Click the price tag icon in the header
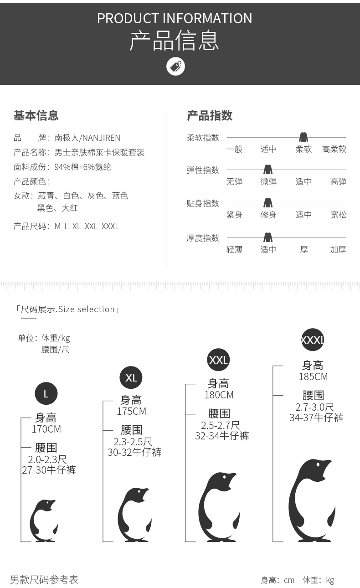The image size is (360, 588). point(175,66)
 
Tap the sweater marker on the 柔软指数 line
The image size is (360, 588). point(303,137)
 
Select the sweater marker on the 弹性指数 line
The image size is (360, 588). point(268,169)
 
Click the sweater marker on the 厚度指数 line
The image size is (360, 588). point(268,237)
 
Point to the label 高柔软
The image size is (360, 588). point(334,149)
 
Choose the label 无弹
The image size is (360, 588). point(234,181)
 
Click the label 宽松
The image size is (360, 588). point(338,215)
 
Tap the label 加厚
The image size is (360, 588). point(338,249)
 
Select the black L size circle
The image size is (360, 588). point(46,393)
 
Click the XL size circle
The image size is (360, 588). point(131,377)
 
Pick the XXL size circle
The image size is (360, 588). point(218,360)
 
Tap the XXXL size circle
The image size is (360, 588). point(313,340)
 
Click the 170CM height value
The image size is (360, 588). point(46,429)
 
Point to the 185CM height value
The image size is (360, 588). point(314,377)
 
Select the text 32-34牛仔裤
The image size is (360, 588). point(222,436)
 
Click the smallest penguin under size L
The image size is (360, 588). point(43,521)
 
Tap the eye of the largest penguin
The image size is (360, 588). point(318,465)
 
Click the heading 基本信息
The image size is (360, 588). point(36,115)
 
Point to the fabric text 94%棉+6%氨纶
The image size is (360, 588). point(82,167)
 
